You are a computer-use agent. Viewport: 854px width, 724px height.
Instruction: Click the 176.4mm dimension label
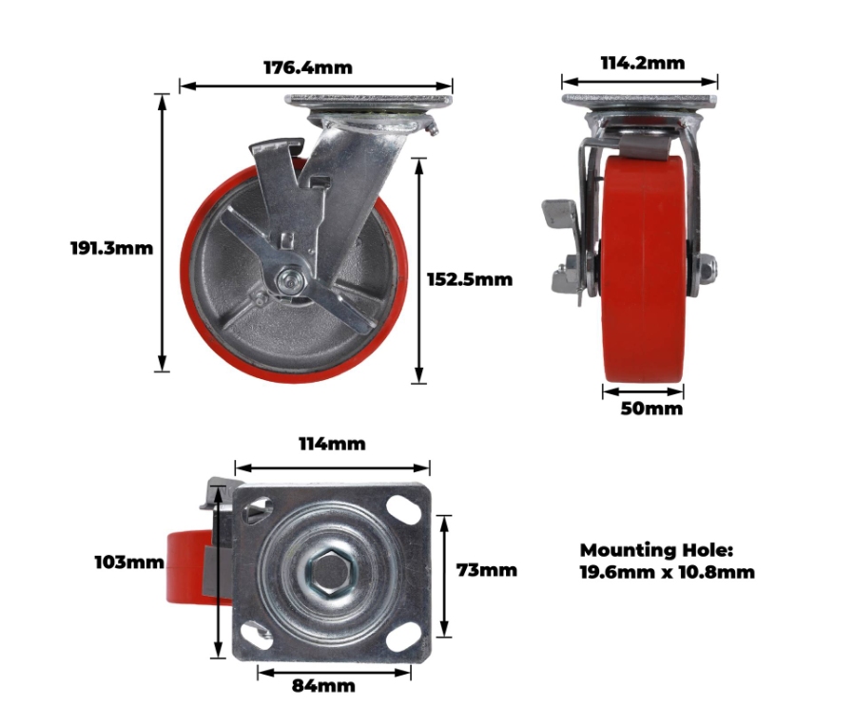(308, 67)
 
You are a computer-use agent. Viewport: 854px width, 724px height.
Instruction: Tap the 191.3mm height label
(111, 248)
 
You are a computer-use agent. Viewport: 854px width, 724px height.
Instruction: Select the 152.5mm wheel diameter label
(470, 279)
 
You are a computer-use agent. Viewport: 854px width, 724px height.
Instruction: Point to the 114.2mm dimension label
(643, 63)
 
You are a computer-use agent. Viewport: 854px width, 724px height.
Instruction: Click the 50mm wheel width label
(651, 409)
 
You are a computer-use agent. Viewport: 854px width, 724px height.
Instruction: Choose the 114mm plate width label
(332, 444)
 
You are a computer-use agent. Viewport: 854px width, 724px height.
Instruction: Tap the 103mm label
(129, 562)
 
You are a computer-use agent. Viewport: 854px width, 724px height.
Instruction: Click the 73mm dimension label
(486, 570)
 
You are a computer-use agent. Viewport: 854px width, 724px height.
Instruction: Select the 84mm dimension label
(323, 685)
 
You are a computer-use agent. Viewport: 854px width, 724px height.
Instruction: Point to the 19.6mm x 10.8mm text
(668, 572)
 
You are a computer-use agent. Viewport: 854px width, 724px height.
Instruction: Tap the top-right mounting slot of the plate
(403, 506)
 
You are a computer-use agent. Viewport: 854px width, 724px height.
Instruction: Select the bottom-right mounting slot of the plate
(403, 638)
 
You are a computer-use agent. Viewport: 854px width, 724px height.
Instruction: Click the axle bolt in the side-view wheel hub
(288, 282)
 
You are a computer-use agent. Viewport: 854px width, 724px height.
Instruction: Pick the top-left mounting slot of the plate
(258, 510)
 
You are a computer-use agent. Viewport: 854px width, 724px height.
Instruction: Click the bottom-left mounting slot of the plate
(257, 637)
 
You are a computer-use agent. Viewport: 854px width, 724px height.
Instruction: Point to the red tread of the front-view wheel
(643, 269)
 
